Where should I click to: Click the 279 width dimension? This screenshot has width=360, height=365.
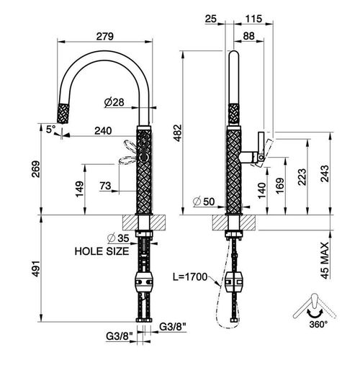[105, 36]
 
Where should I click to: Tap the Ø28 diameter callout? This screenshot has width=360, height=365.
[114, 102]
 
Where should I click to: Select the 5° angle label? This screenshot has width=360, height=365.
[51, 129]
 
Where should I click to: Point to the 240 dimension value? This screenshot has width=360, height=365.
[103, 131]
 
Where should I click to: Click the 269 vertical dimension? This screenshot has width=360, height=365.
[36, 169]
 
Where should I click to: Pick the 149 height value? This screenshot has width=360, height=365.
[80, 189]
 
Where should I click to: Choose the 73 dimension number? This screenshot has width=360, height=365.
[105, 186]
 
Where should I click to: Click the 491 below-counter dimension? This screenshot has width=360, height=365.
[36, 268]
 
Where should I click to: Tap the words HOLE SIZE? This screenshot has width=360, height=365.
[102, 251]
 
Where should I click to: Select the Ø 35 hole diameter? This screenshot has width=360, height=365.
[118, 238]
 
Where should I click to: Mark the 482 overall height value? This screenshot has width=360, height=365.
[178, 132]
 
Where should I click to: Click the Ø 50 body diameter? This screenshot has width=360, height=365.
[204, 202]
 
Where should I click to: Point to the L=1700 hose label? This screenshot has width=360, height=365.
[190, 277]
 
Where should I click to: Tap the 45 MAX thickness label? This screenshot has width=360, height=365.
[325, 261]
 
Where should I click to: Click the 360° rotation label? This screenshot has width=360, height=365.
[318, 325]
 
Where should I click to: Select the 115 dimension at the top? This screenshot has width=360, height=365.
[253, 19]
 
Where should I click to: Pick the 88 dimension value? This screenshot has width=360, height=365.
[248, 36]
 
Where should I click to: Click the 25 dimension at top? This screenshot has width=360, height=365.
[211, 19]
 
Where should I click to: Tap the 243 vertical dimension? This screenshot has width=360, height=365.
[325, 174]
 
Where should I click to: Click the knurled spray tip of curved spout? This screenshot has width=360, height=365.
[64, 113]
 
